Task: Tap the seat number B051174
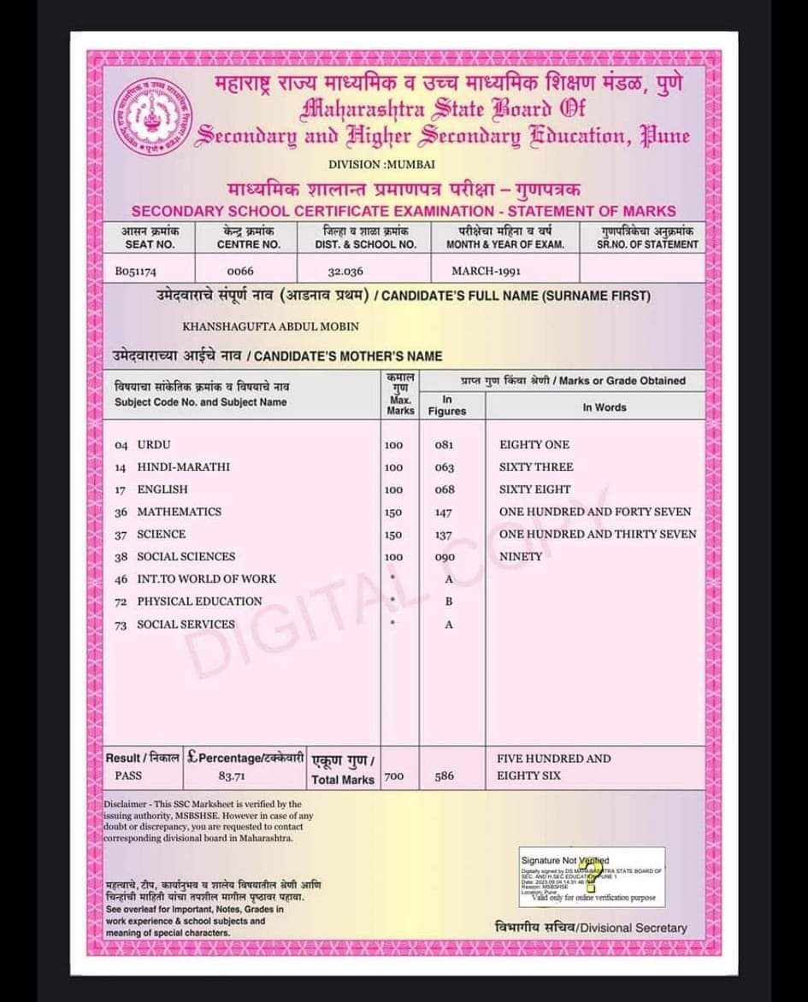point(136,272)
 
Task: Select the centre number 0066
point(241,272)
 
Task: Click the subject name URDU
point(154,445)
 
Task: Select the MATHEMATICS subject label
point(179,512)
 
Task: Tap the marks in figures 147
point(444,513)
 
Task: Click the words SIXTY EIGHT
point(535,489)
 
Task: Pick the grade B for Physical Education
point(449,601)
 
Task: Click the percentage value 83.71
point(232,776)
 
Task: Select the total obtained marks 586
point(444,776)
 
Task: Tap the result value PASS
point(128,776)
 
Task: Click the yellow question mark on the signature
point(589,873)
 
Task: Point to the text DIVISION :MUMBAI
point(382,163)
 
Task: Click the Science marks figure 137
point(444,535)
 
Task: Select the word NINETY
point(521,556)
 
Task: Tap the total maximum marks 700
point(393,776)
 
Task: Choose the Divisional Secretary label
point(591,928)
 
